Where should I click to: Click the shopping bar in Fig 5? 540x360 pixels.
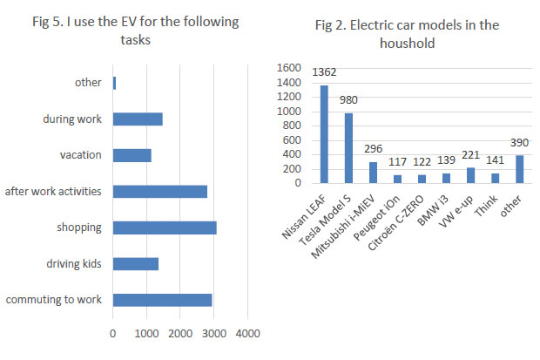click(x=165, y=228)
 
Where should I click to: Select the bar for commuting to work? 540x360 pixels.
click(x=162, y=300)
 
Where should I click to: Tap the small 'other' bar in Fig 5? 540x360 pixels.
click(x=114, y=83)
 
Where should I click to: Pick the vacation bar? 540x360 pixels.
click(x=132, y=155)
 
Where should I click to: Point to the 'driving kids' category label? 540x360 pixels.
click(x=74, y=264)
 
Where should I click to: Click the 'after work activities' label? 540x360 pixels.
click(x=53, y=192)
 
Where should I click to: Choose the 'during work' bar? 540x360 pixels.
click(x=138, y=119)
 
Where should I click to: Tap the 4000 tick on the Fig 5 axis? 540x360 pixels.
click(x=247, y=334)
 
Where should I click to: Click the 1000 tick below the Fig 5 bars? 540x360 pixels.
click(x=146, y=334)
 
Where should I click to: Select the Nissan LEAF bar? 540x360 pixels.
click(x=324, y=134)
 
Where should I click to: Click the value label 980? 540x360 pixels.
click(x=348, y=100)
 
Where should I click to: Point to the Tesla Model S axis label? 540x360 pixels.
click(x=325, y=220)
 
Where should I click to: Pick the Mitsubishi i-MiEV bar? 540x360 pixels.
click(x=373, y=173)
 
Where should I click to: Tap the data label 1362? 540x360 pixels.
click(x=324, y=72)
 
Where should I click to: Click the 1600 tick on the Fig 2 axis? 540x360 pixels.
click(x=288, y=68)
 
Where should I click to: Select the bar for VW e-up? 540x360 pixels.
click(x=470, y=175)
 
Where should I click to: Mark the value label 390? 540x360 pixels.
click(x=519, y=143)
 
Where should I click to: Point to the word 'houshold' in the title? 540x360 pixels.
click(x=407, y=44)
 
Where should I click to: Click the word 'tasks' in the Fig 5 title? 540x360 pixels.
click(x=135, y=40)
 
